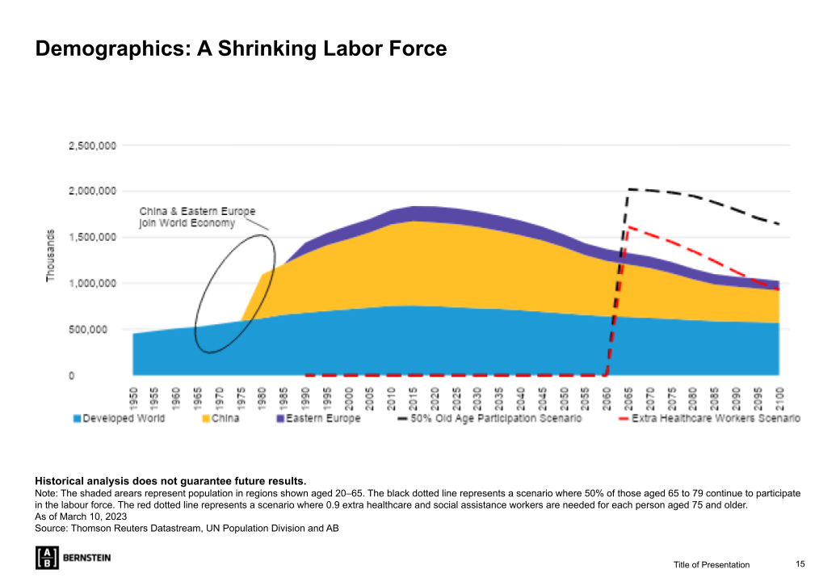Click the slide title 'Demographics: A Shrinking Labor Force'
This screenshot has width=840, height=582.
(241, 48)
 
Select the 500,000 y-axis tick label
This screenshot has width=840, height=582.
(94, 329)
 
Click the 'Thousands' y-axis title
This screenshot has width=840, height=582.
(51, 255)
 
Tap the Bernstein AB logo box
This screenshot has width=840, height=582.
(47, 558)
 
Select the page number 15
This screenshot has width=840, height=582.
(800, 563)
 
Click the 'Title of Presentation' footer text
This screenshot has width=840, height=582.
(712, 564)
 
